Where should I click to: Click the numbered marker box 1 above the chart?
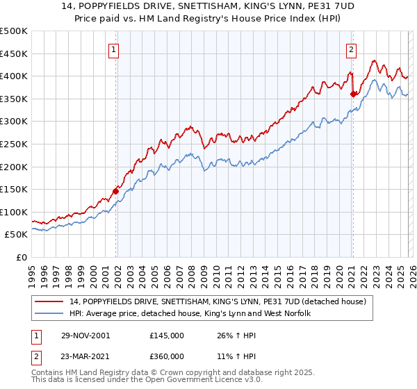113,49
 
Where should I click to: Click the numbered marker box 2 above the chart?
352,49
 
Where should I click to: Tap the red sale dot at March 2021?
353,93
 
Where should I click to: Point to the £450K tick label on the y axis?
14,53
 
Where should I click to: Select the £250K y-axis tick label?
14,144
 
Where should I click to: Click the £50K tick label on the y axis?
17,235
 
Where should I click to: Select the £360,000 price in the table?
167,356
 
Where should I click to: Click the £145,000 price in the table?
167,336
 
